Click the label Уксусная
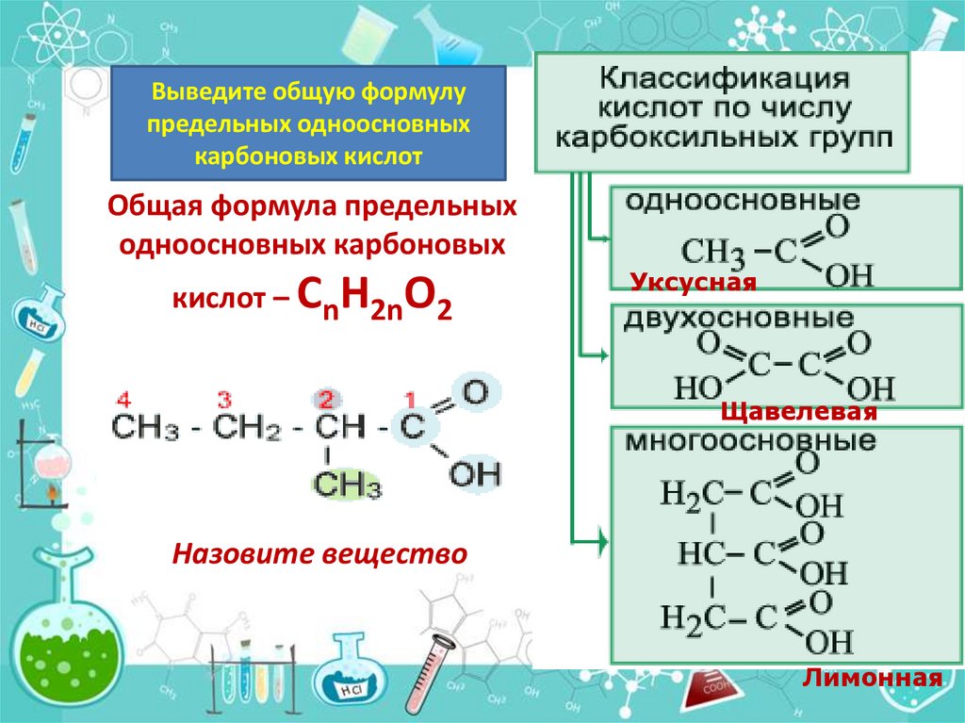coord(694,282)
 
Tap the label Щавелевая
coord(799,412)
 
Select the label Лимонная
coord(872,679)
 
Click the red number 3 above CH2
coord(224,399)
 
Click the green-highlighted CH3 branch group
coord(346,486)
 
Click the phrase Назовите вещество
coord(319,553)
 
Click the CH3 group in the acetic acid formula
coord(712,252)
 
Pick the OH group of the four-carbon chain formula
coord(475,474)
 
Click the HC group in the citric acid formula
coord(699,553)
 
